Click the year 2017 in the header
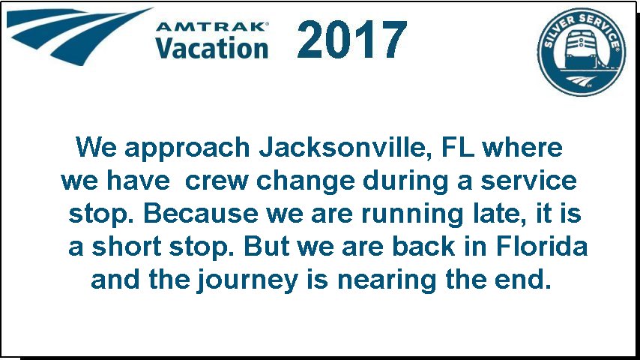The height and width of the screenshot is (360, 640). [x=351, y=39]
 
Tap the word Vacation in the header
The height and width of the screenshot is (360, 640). [x=211, y=47]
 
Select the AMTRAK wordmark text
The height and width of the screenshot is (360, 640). [x=211, y=27]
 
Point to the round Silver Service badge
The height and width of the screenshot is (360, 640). [x=582, y=52]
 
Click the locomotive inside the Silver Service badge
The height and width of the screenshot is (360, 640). [x=581, y=50]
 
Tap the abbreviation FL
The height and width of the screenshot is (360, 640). [x=458, y=147]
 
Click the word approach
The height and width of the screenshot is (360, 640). [x=187, y=149]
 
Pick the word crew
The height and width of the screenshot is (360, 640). [x=217, y=181]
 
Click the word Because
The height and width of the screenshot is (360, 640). [x=201, y=213]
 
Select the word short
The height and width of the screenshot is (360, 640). [x=127, y=247]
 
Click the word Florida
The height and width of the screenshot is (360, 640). [x=542, y=247]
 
